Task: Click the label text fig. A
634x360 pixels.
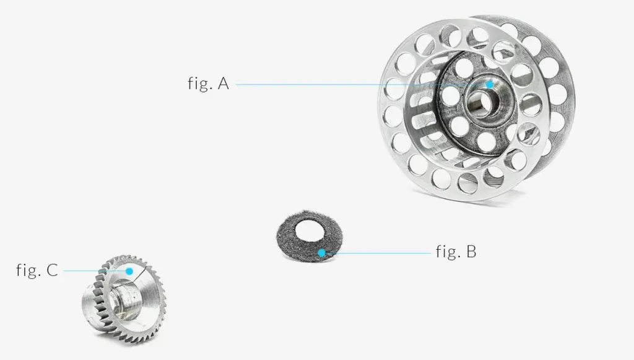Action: coord(208,83)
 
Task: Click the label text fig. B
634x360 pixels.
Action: coord(456,252)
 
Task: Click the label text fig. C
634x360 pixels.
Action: coord(37,270)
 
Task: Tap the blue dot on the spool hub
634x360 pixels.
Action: coord(490,84)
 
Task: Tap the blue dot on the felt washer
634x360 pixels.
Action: coord(321,253)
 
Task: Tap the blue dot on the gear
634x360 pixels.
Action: coord(129,271)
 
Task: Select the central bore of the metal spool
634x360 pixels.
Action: coord(480,102)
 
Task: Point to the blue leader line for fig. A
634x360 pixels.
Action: coord(361,84)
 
